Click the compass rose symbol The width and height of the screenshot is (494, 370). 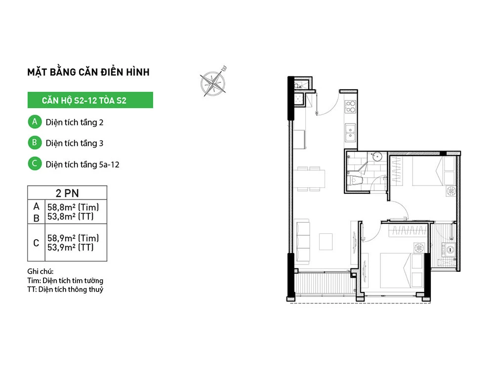(x=213, y=82)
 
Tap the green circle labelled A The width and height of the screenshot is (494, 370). (x=35, y=122)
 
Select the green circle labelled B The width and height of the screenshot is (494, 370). (x=35, y=143)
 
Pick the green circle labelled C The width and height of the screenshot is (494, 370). (x=35, y=164)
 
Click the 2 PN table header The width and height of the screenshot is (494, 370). (x=67, y=193)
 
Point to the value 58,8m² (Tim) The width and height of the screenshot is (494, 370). (x=73, y=207)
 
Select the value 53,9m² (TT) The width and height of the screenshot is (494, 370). (x=71, y=247)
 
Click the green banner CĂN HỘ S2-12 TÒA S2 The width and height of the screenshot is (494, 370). (x=90, y=100)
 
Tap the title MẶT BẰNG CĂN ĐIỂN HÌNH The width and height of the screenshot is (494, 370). (x=88, y=72)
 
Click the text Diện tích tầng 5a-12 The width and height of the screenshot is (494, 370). (x=82, y=164)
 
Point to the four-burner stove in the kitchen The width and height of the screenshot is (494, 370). (x=350, y=107)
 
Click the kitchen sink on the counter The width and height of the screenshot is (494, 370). (x=350, y=132)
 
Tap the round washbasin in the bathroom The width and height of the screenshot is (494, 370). (x=376, y=156)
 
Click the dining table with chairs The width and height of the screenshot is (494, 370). (x=309, y=179)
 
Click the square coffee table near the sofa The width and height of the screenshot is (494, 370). (x=326, y=242)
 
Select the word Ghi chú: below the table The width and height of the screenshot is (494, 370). (x=41, y=271)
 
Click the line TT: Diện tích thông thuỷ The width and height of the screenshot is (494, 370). (x=65, y=290)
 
